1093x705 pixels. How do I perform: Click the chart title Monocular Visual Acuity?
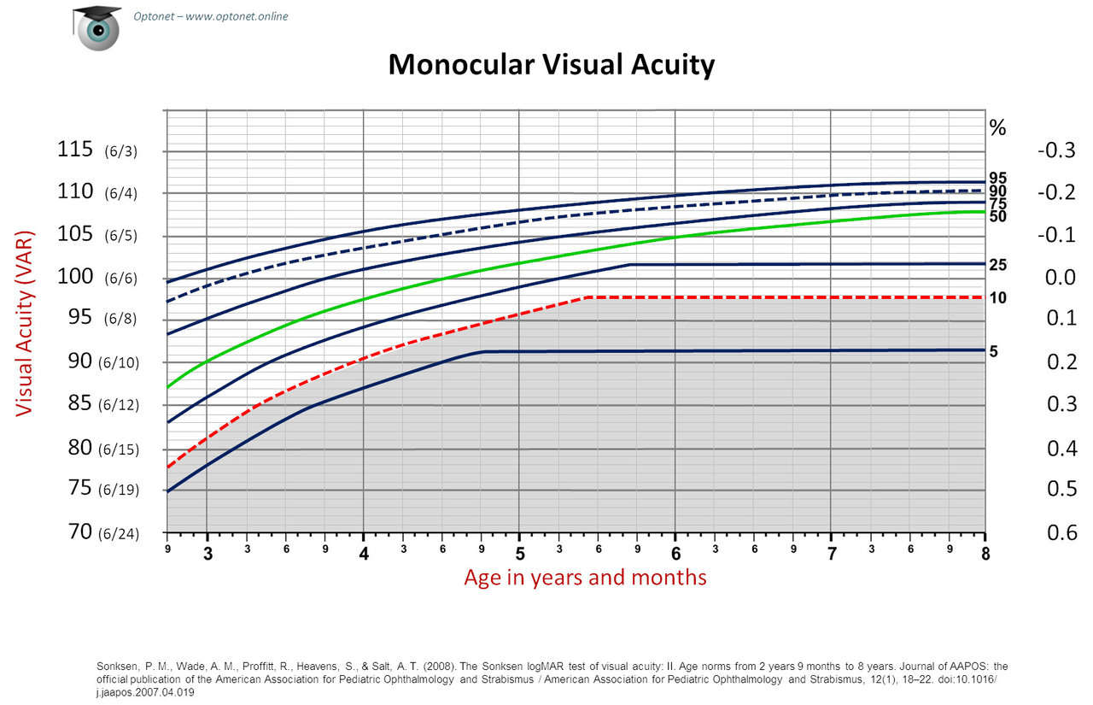tap(551, 65)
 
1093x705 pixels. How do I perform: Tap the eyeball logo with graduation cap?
tap(96, 26)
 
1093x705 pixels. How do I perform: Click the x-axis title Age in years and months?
tap(585, 578)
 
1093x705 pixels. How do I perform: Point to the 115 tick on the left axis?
tap(74, 150)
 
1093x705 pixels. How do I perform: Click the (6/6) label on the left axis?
tap(120, 279)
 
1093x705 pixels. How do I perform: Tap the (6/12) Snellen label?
tap(118, 405)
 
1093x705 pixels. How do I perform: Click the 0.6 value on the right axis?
tap(1061, 533)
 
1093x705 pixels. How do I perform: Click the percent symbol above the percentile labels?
tap(997, 128)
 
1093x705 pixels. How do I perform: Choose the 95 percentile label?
tap(997, 178)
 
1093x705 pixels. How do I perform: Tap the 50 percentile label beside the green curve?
tap(997, 217)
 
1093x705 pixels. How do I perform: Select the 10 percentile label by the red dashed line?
tap(997, 298)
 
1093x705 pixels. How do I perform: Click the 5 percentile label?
tap(993, 351)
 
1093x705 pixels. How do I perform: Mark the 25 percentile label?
tap(997, 266)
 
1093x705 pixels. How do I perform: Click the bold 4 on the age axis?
tap(364, 554)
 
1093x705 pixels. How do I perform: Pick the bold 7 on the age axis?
tap(832, 554)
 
